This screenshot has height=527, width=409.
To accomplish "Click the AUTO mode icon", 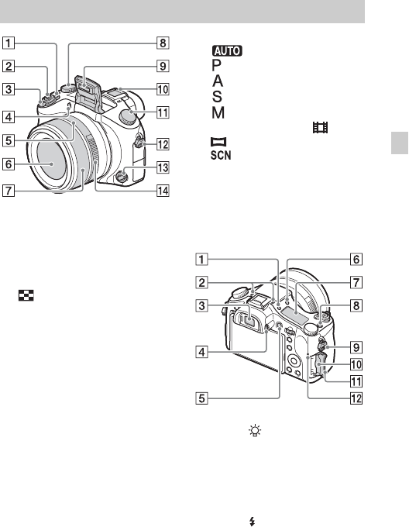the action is [x=227, y=50].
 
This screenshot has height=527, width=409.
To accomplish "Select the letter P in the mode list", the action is [x=217, y=65].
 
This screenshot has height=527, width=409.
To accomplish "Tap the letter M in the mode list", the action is [x=218, y=112].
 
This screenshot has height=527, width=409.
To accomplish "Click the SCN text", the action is [x=221, y=155].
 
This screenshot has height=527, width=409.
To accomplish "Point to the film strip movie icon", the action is [x=321, y=127].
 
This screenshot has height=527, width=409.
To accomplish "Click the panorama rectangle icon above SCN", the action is [x=218, y=142].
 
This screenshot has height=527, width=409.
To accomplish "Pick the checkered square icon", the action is [x=26, y=295].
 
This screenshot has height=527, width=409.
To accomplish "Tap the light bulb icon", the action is [x=255, y=431].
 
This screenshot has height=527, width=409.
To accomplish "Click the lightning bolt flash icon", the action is [x=253, y=522].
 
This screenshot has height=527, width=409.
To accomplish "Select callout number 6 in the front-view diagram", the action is [x=9, y=164].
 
